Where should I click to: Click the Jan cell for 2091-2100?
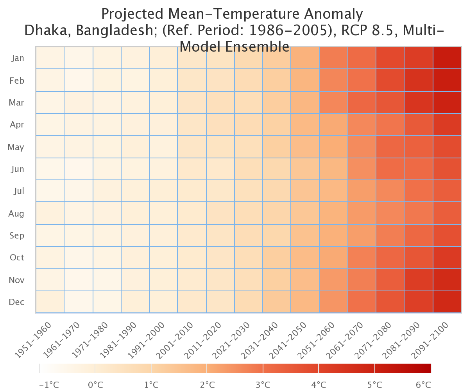(447, 58)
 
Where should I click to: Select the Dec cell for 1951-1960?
(50, 301)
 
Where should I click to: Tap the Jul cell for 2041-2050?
(305, 191)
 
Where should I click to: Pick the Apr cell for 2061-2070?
(362, 124)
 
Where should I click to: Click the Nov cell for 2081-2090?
(419, 280)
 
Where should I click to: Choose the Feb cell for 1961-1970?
(79, 80)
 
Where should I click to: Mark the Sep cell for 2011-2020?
(220, 235)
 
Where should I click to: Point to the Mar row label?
(16, 102)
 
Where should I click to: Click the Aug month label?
(16, 213)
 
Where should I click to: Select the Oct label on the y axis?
(17, 257)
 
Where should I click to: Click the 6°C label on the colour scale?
(423, 385)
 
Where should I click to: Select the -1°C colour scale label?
(49, 385)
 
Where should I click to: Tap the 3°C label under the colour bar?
(263, 385)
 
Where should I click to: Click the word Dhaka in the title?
(48, 30)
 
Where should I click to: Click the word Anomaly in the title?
(333, 14)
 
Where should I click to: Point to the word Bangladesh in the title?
(115, 30)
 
